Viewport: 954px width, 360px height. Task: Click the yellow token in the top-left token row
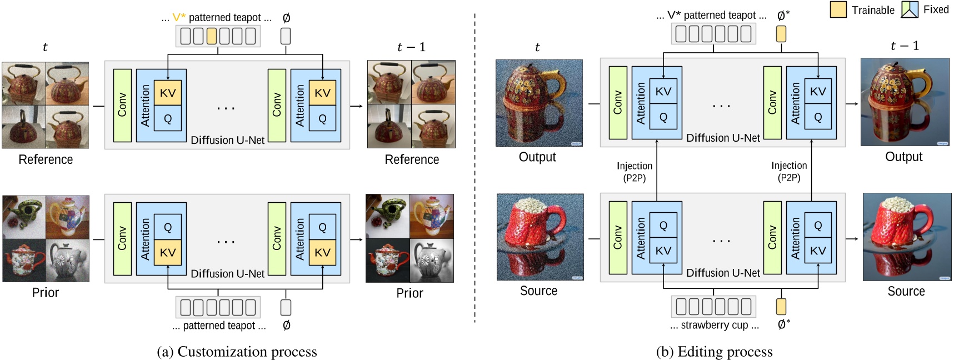click(212, 36)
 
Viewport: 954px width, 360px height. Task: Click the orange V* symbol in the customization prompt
click(179, 18)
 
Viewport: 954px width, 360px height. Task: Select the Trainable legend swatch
click(838, 9)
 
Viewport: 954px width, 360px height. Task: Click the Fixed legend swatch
click(909, 9)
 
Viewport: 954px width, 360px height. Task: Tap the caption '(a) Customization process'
click(237, 352)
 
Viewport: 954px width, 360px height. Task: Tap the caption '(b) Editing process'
click(714, 352)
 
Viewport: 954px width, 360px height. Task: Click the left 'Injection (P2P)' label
click(634, 172)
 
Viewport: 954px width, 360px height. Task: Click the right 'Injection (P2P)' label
click(789, 172)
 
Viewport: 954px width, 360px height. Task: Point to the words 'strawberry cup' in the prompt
click(714, 326)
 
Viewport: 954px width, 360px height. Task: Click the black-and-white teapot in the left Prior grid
click(67, 261)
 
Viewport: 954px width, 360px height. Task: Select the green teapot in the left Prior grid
click(24, 216)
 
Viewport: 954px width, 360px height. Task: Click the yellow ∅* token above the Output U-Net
click(781, 34)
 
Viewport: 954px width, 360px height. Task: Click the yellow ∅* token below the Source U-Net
click(781, 306)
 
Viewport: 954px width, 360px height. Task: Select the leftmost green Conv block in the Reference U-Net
click(122, 105)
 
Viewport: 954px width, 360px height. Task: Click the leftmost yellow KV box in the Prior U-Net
click(168, 252)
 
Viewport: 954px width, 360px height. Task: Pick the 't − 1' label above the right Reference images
click(411, 47)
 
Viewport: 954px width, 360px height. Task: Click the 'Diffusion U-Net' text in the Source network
click(723, 273)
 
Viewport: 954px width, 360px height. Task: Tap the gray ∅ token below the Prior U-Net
click(286, 307)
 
